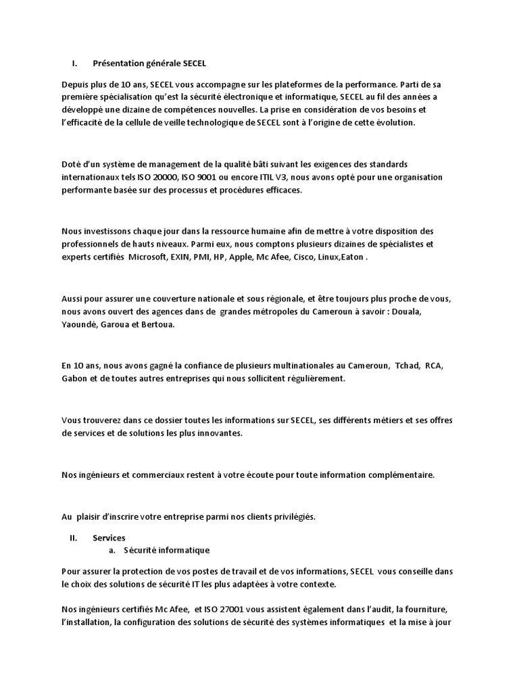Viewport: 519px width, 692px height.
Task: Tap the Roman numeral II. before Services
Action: [74, 538]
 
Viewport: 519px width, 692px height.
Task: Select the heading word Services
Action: [109, 538]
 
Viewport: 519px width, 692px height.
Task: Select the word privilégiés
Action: [293, 517]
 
